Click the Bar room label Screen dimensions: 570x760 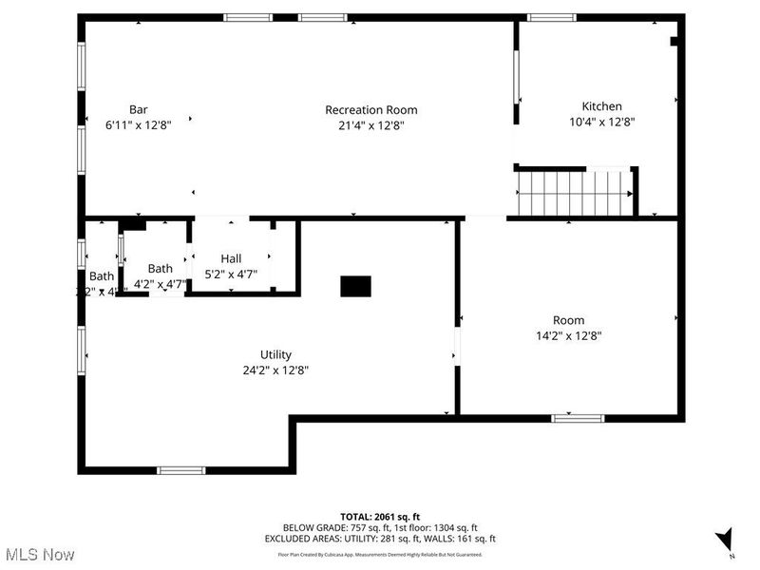139,109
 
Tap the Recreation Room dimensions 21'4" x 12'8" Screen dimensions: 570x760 370,125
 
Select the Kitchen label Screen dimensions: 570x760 601,106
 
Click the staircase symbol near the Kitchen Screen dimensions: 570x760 575,193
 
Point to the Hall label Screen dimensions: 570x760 231,258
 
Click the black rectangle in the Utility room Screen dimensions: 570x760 356,286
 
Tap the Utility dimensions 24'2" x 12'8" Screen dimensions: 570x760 275,370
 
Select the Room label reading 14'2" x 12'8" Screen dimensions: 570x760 568,320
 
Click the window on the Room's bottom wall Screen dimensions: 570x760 578,416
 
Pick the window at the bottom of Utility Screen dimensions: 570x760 180,469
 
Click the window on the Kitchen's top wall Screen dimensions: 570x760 552,17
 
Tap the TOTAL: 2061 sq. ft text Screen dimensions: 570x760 379,516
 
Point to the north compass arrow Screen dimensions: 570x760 726,540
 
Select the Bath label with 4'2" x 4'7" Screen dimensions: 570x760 160,269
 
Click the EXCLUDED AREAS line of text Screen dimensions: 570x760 379,539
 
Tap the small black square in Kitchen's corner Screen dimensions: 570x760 674,41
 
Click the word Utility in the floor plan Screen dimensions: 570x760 275,354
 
